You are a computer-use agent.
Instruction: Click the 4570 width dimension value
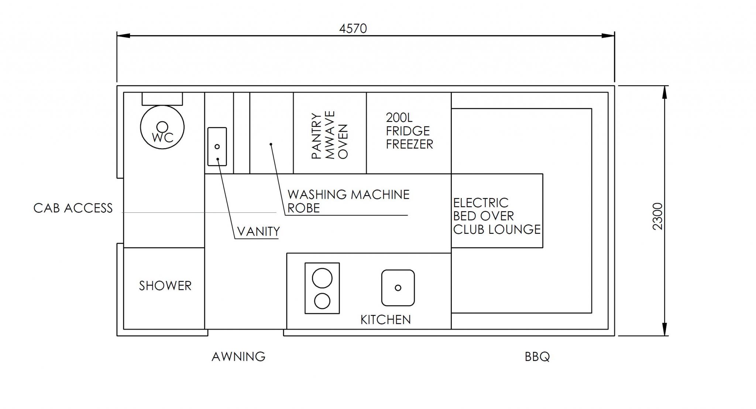click(353, 28)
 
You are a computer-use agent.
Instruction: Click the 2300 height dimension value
click(658, 216)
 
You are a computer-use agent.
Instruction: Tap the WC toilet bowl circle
click(162, 127)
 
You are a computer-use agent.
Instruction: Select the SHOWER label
click(165, 285)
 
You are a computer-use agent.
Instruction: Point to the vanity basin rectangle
click(217, 146)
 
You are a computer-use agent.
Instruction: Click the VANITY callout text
click(258, 232)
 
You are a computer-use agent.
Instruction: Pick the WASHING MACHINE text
click(348, 194)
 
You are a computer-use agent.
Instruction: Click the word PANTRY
click(316, 136)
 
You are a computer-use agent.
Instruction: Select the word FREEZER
click(409, 144)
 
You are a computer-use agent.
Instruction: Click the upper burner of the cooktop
click(322, 278)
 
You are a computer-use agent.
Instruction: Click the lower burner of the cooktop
click(322, 301)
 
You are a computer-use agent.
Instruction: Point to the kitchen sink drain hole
click(398, 288)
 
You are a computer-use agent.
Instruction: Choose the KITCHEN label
click(385, 319)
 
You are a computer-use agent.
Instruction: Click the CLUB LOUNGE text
click(497, 229)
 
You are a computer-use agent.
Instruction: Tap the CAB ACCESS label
click(73, 208)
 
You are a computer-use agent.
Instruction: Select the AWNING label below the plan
click(238, 357)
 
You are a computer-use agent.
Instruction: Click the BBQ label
click(537, 357)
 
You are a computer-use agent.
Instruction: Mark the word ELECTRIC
click(481, 203)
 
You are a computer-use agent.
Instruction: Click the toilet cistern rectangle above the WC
click(162, 98)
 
